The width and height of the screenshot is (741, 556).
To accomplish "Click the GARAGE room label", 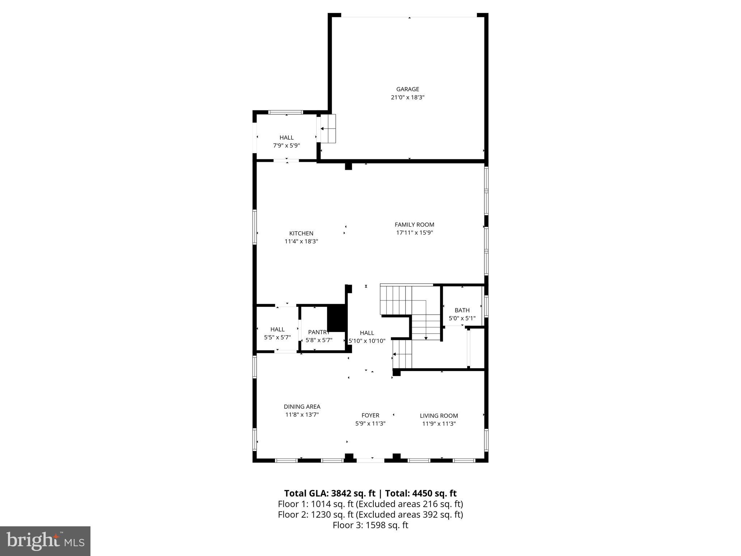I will [407, 89].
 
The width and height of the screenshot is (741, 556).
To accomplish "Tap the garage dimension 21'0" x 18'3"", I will [407, 97].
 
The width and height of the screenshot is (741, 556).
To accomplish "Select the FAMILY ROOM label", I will [414, 224].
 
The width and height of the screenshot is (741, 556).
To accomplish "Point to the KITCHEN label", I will [301, 233].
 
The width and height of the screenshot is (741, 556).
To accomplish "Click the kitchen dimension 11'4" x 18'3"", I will [301, 241].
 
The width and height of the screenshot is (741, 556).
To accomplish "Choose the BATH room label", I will [462, 310].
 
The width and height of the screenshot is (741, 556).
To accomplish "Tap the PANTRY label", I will [318, 332].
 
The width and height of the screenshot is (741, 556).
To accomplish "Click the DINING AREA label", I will [302, 407].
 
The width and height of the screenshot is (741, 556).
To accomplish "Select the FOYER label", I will [370, 416].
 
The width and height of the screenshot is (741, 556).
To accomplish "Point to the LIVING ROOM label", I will [439, 416].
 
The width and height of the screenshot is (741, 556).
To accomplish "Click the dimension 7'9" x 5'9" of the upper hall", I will [286, 146].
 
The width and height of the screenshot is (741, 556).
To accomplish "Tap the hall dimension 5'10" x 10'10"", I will [367, 341].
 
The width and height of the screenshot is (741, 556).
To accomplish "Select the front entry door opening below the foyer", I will [370, 460].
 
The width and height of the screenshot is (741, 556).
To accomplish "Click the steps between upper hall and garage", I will [328, 129].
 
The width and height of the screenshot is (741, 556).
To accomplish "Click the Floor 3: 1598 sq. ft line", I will [370, 525].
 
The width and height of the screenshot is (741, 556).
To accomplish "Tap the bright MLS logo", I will [45, 541].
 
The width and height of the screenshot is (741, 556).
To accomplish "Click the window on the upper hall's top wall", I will [285, 112].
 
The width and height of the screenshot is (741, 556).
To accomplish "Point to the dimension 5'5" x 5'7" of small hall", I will [277, 337].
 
